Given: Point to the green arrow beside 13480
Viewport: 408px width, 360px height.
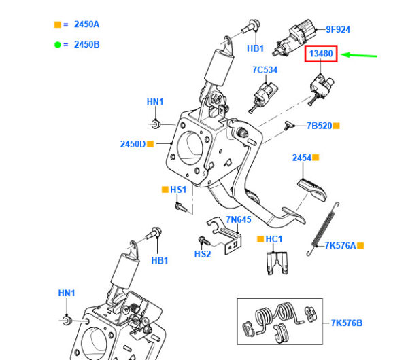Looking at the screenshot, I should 359,55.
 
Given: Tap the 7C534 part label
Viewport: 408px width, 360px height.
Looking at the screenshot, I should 265,69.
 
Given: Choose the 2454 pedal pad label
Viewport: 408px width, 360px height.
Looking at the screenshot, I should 302,158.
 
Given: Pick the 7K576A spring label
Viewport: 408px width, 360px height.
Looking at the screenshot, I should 340,245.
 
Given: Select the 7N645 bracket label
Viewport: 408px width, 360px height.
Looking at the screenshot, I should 238,219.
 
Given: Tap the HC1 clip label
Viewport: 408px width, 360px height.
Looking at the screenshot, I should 274,240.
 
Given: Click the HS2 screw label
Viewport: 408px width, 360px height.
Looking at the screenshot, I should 202,254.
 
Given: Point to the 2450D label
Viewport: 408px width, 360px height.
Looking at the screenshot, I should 133,144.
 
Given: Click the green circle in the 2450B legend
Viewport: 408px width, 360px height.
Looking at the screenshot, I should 57,44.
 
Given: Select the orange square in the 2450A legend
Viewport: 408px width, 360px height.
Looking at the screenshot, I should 57,25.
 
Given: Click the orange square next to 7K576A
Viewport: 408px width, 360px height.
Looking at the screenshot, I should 360,245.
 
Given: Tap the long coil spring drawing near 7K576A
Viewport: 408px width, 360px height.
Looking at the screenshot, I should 325,224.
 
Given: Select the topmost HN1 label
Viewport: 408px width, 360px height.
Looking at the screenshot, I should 155,102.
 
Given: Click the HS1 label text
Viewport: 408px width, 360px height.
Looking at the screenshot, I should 178,190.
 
